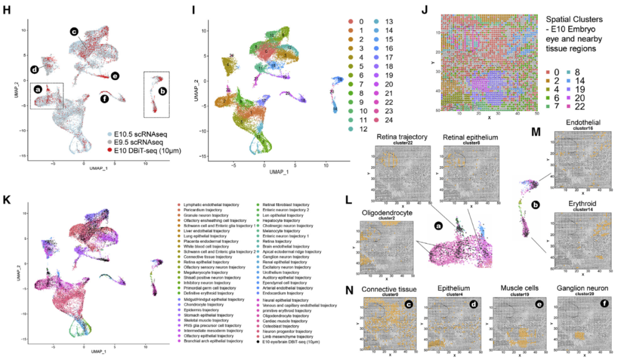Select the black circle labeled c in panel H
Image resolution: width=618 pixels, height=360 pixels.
click(74, 32)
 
